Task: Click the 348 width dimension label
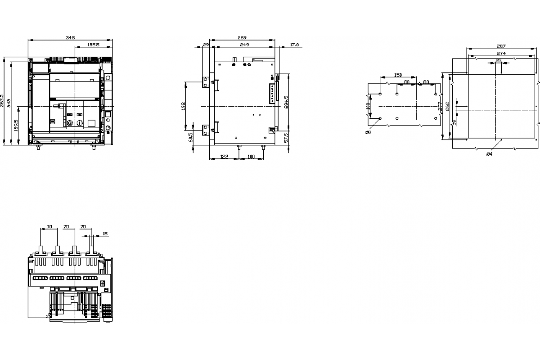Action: click(70, 38)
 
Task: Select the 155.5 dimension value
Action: click(93, 45)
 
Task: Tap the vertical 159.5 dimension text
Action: click(16, 126)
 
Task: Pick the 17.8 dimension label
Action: click(294, 45)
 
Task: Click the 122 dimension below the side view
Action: click(224, 157)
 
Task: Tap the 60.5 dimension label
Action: click(191, 137)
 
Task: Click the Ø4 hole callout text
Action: click(489, 154)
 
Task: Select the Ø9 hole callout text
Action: click(368, 132)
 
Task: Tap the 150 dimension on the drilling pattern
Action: click(398, 75)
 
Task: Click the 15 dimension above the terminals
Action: click(105, 234)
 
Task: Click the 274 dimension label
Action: click(501, 54)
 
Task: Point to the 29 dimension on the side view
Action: click(206, 45)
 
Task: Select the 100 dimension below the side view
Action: click(251, 157)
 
